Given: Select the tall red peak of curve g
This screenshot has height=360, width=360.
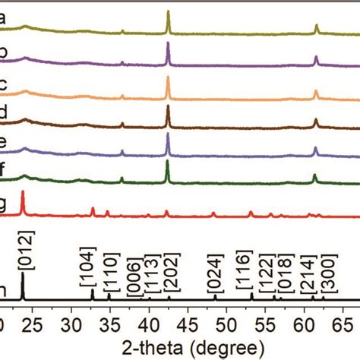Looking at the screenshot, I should point(23,194).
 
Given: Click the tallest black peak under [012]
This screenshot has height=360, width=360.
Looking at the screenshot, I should point(23,276).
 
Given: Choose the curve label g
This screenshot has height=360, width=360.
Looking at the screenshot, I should point(3,203).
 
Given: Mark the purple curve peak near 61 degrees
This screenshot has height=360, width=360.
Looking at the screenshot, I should point(316,57).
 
